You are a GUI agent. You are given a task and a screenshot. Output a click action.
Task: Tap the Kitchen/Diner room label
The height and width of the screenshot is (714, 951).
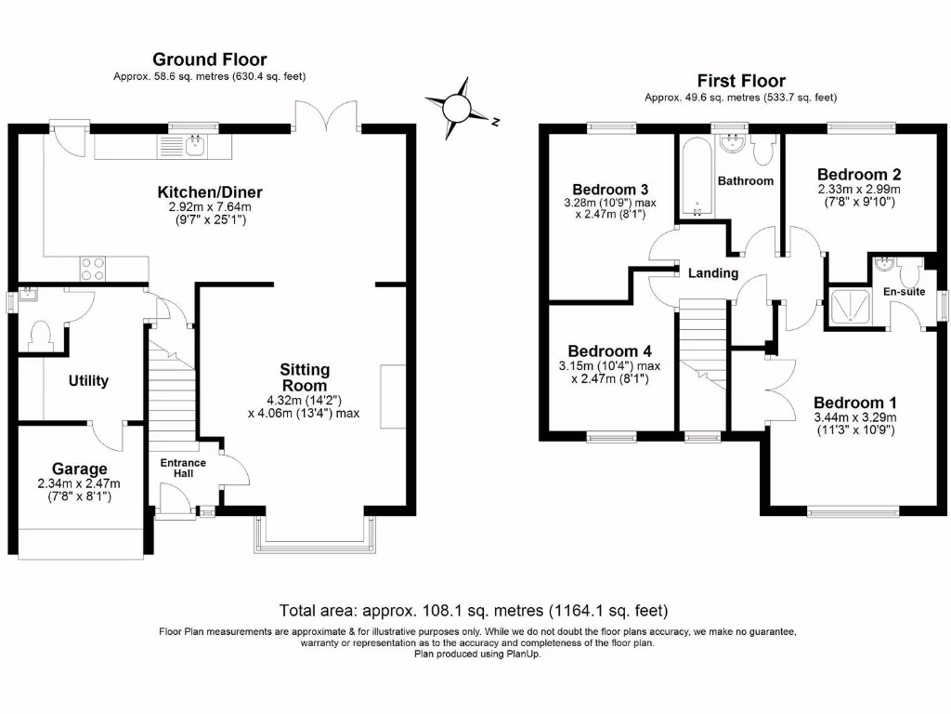click(202, 192)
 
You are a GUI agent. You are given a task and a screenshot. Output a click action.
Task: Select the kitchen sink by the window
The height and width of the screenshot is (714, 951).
click(194, 144)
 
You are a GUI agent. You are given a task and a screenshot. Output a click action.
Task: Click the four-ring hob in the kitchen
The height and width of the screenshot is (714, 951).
click(93, 268)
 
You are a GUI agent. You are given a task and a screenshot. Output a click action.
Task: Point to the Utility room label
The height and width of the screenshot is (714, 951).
click(88, 380)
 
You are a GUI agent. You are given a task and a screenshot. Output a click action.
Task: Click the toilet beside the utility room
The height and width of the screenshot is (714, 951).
click(40, 335)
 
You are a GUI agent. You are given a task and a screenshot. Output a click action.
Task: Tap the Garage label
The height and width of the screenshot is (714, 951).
click(79, 469)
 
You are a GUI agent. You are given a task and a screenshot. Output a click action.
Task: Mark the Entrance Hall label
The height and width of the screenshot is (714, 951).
click(183, 469)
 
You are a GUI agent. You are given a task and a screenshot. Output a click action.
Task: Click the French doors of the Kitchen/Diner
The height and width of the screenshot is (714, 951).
click(326, 116)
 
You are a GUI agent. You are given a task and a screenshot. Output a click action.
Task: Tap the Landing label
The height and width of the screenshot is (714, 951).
click(713, 273)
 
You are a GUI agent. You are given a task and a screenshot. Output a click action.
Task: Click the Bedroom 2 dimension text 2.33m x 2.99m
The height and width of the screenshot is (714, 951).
click(858, 189)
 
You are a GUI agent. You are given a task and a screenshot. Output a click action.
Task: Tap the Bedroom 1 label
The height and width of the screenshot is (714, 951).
click(854, 403)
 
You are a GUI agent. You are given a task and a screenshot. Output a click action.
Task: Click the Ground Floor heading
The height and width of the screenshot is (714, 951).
click(209, 59)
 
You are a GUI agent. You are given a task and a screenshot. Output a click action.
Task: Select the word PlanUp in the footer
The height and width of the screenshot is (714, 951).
click(524, 654)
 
